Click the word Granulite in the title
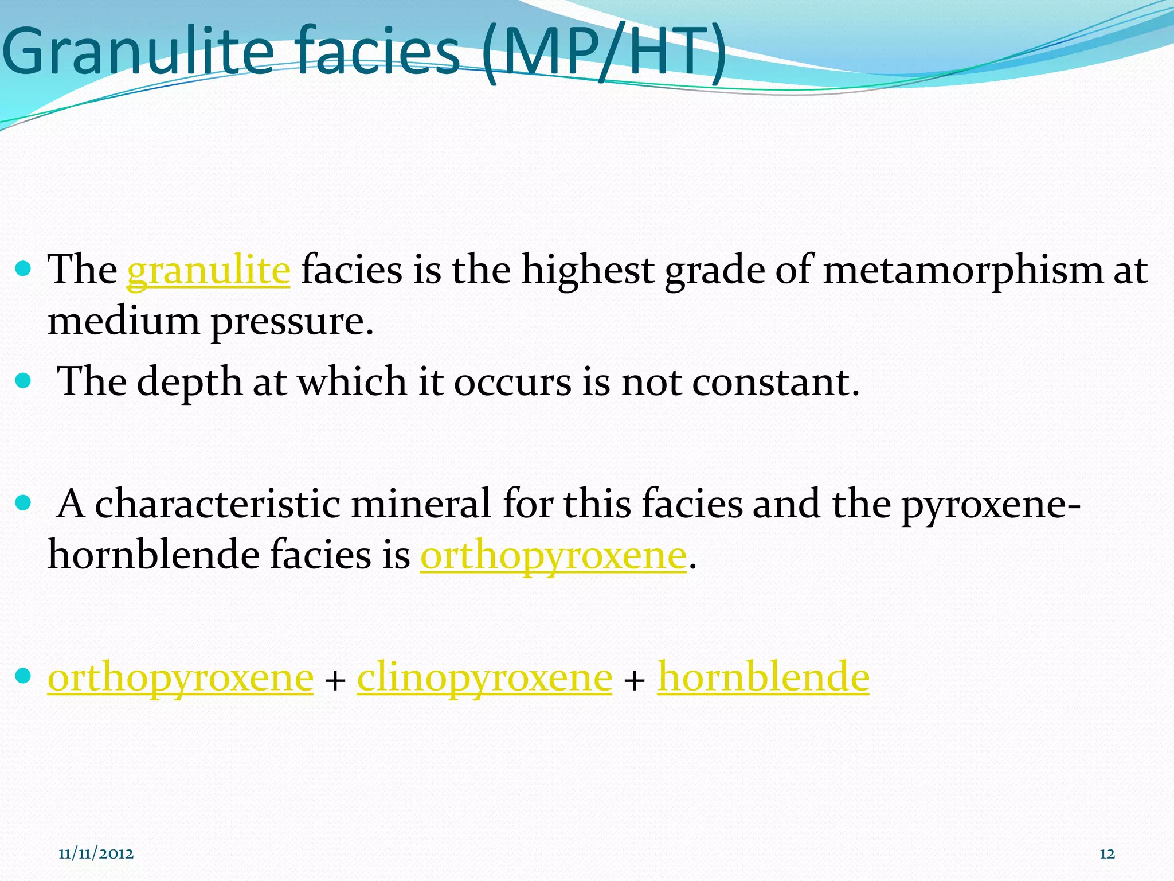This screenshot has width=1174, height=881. point(138,53)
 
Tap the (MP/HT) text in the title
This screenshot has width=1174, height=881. point(603,53)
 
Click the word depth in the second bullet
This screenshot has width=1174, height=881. point(190,382)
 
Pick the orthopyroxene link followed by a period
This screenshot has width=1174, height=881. point(553,555)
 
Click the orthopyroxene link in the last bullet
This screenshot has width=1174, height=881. point(181,678)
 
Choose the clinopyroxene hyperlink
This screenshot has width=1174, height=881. point(484,678)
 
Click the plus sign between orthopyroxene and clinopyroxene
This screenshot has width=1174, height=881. point(335,681)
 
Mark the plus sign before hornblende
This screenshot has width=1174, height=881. point(635,681)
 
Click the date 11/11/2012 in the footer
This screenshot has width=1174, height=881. point(96,854)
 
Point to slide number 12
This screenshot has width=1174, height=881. point(1107,854)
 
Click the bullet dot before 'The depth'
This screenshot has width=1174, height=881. point(24,381)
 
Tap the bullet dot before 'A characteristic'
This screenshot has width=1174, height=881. point(24,503)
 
